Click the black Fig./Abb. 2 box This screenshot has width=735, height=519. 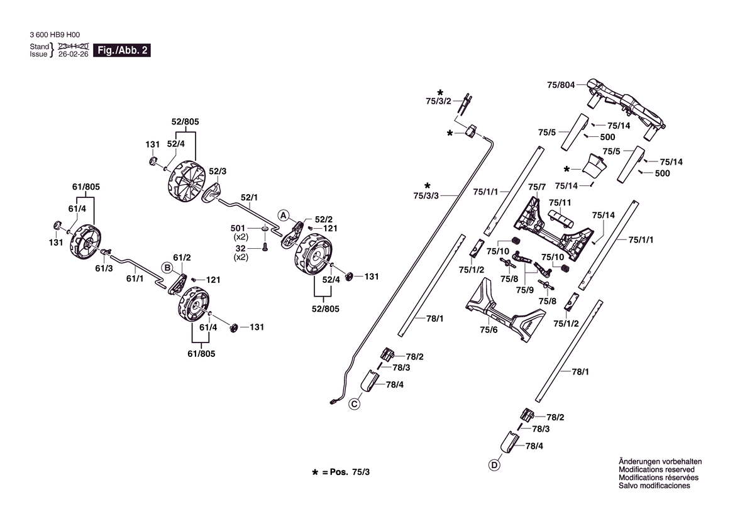[x=122, y=50]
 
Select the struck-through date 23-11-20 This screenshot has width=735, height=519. [x=73, y=46]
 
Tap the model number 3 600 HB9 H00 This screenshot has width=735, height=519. [x=55, y=35]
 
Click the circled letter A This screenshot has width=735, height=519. [x=283, y=216]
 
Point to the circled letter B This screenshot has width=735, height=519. [x=167, y=268]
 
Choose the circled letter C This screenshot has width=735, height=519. [x=355, y=404]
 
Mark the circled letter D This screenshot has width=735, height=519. [x=494, y=465]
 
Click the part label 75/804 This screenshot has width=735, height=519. [x=561, y=85]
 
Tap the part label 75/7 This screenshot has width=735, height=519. [x=537, y=187]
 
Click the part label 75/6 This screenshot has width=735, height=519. [x=489, y=330]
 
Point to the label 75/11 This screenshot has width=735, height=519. [x=560, y=202]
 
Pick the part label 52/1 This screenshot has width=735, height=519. [x=250, y=197]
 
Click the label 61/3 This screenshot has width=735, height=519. [x=104, y=268]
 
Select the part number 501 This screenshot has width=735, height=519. [x=238, y=228]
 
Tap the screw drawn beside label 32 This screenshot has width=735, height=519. [x=264, y=247]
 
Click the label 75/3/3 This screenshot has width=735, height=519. [x=426, y=195]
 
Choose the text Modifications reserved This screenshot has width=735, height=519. [x=656, y=469]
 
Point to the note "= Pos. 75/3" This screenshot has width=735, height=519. [x=346, y=472]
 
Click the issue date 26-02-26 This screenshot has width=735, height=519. [x=73, y=54]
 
